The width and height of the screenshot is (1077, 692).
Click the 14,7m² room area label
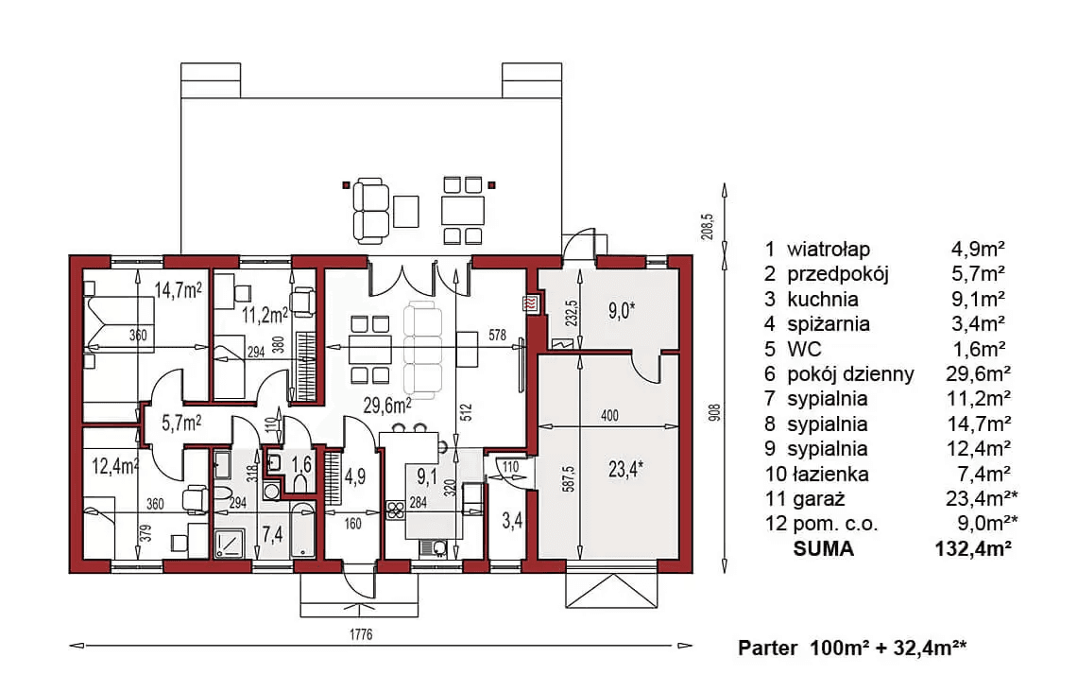coord(178,290)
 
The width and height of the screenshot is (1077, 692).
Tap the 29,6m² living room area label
coord(387,406)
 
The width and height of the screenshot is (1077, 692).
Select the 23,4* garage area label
coord(625,469)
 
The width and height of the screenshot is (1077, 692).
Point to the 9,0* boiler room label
coord(621,311)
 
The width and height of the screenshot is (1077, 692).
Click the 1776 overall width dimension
coord(361,634)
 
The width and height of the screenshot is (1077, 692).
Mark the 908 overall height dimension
coord(714,411)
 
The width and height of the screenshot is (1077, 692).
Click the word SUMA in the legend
coord(824,548)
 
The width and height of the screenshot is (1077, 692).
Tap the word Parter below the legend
coord(767,648)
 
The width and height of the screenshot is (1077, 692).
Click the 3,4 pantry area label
coord(512,521)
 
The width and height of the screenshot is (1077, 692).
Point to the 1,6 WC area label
coord(301,464)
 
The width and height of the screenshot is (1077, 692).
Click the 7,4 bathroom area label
coord(272,534)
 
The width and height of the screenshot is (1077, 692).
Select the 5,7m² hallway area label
coord(181,423)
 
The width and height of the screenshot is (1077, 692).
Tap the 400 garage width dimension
coord(609,415)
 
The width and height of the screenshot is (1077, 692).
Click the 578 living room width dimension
coord(497,336)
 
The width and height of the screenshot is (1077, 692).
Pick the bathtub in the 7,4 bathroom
coord(303,529)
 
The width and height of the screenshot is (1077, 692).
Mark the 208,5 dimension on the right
coord(709,226)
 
